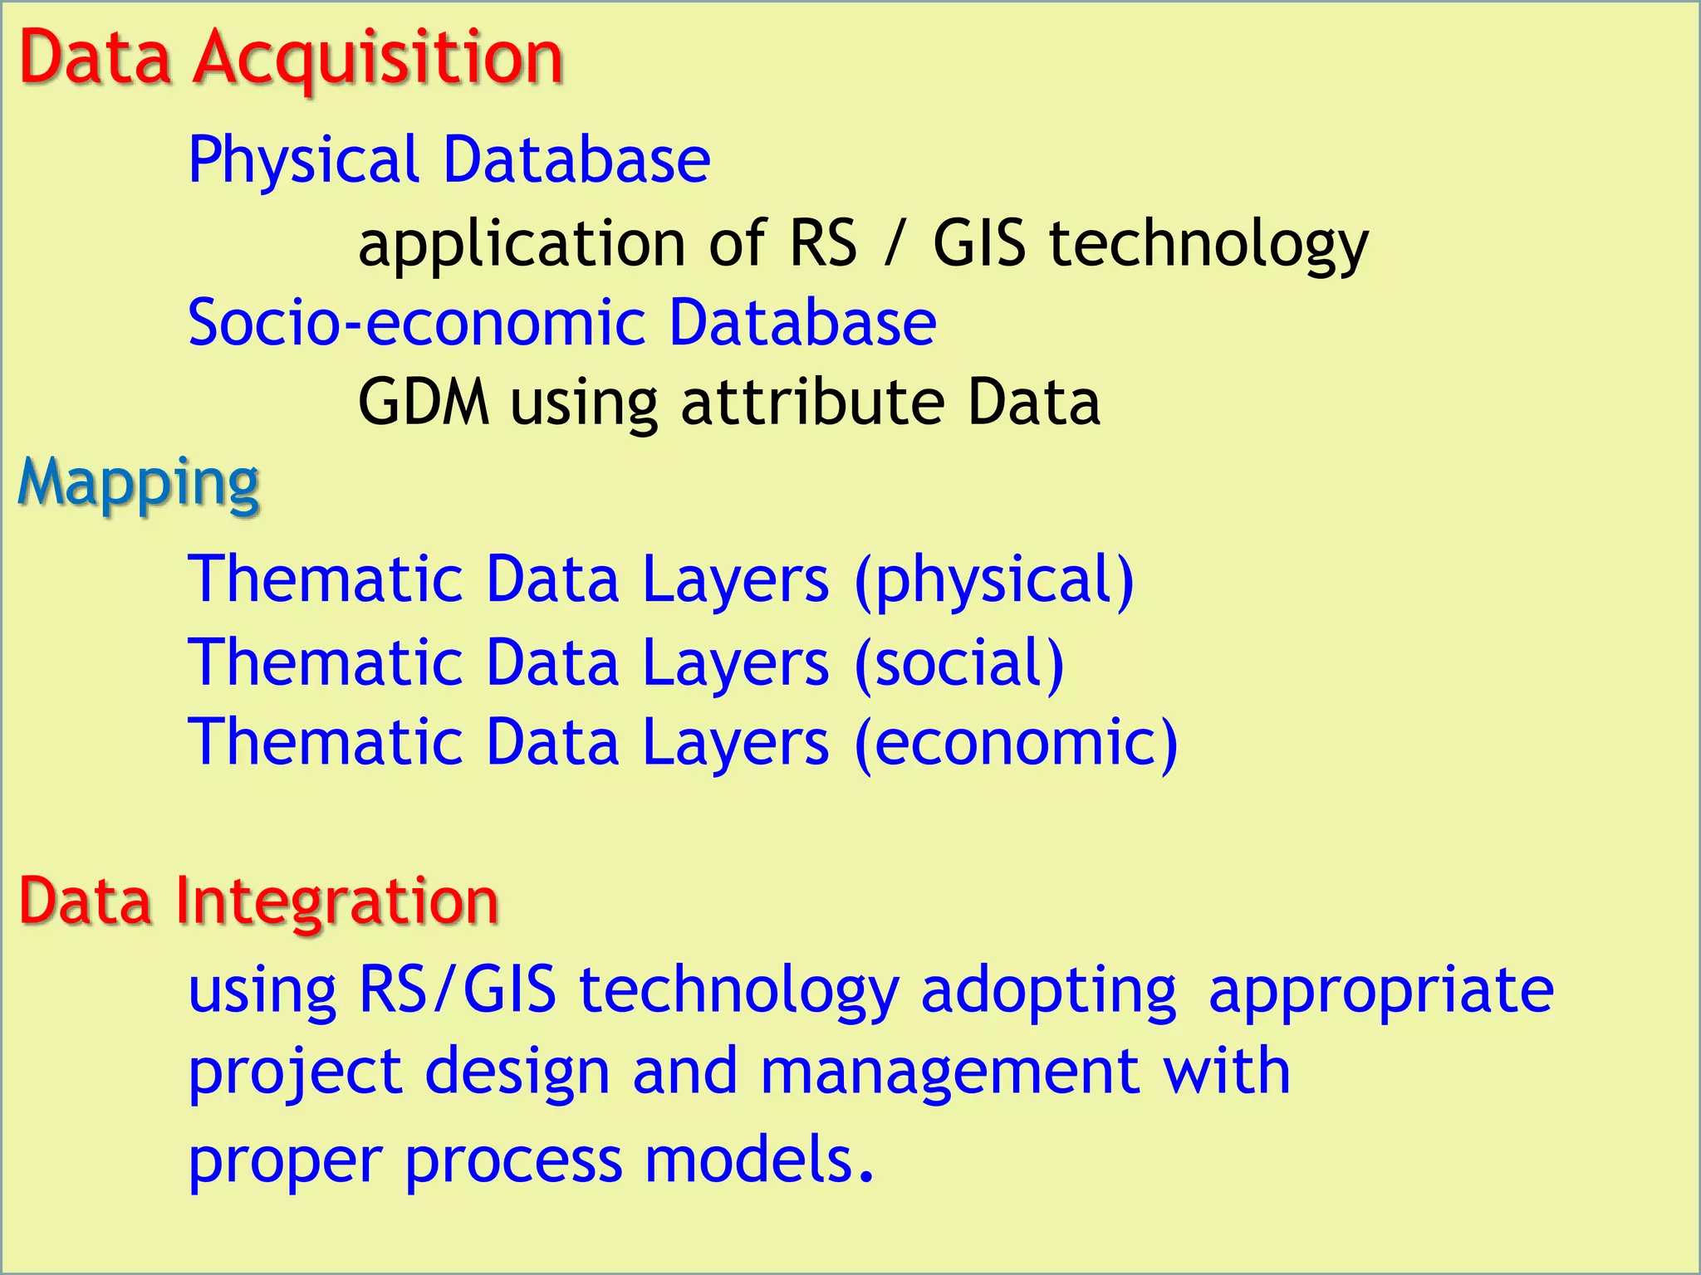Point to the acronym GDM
point(424,403)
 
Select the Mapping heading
point(139,483)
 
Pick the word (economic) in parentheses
point(1016,742)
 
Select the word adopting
point(1049,990)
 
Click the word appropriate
point(1380,990)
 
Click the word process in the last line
point(513,1160)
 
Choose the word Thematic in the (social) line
point(325,662)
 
